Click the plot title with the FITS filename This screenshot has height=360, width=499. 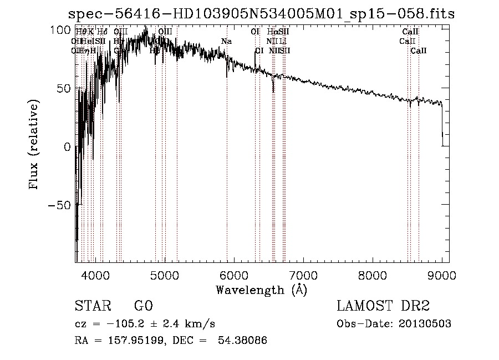(x=261, y=14)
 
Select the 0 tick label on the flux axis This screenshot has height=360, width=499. (x=67, y=147)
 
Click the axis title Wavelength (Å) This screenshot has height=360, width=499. (x=261, y=290)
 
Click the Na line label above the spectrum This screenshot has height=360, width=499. (x=226, y=41)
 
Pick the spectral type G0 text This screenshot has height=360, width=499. (x=143, y=307)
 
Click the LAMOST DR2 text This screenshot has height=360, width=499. (x=383, y=307)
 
